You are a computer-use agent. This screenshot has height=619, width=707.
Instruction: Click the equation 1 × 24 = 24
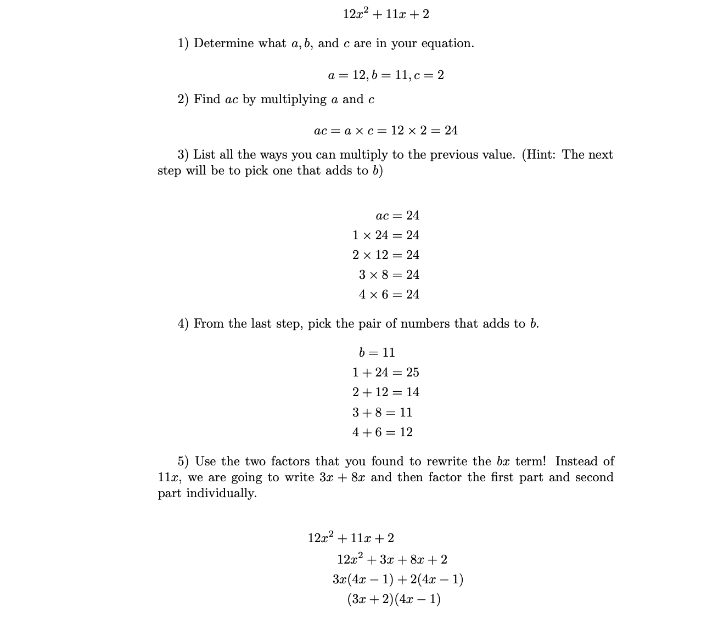(385, 235)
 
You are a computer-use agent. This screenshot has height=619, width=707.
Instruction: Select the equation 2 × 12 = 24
(385, 255)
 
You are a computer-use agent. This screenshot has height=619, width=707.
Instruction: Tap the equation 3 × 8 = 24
(389, 275)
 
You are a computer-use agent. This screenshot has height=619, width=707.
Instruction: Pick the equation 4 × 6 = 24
(389, 295)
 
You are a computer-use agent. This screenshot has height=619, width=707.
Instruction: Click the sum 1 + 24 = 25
(385, 373)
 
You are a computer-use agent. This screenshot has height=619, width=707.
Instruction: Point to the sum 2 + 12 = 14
(385, 392)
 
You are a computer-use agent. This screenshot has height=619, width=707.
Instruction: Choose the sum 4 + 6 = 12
(382, 432)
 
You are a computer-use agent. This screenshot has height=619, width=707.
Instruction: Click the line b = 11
(377, 352)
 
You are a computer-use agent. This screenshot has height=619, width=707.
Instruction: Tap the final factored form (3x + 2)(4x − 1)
(394, 599)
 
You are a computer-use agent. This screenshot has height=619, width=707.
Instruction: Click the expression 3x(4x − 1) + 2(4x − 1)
(397, 579)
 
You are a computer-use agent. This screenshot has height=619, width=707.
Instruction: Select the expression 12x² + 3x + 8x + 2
(392, 560)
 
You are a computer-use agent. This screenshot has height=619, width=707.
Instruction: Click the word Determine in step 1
(223, 43)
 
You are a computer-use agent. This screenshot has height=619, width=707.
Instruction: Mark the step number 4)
(183, 324)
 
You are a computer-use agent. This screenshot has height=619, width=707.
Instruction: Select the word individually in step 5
(221, 493)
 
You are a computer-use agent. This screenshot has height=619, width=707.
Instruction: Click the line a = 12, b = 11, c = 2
(386, 75)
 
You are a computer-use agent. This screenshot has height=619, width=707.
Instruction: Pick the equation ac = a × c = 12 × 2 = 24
(386, 131)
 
